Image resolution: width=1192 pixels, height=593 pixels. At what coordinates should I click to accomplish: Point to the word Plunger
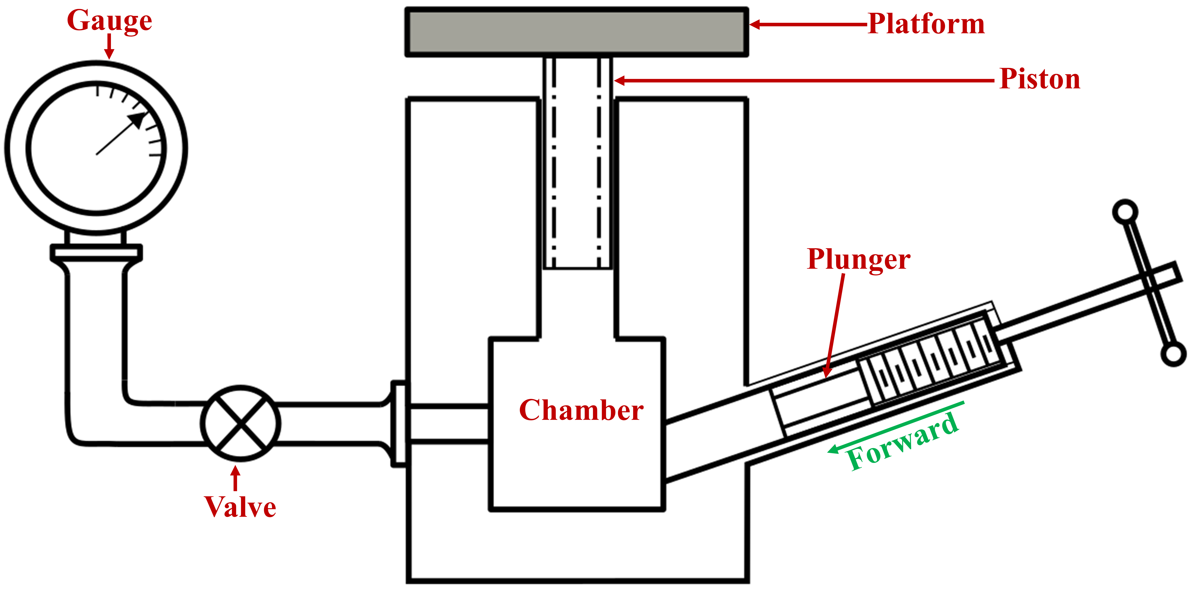coord(858,259)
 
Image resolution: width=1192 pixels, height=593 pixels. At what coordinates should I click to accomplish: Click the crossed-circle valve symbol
coord(240,423)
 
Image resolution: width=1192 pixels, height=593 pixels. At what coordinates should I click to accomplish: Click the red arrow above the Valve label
coord(236,478)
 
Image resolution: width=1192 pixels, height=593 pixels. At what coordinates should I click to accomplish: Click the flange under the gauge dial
coord(96,252)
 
